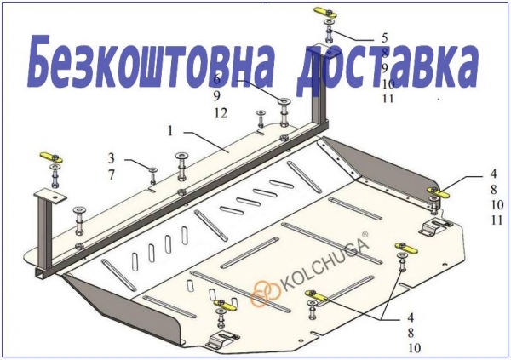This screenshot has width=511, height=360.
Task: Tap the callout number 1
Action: (x=170, y=131)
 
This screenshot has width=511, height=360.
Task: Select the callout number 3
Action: (x=112, y=158)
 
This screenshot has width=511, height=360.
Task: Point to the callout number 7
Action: (x=112, y=175)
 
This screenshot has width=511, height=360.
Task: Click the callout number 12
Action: (x=221, y=113)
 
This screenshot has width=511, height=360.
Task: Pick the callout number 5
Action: (x=385, y=38)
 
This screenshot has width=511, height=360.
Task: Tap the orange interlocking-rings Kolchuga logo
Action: (x=266, y=292)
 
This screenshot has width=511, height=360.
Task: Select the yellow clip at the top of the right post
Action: (x=326, y=13)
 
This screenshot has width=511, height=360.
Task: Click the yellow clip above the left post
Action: (x=51, y=157)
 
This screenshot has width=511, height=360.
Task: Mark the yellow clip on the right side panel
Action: (x=439, y=192)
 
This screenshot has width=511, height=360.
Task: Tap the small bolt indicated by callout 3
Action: (x=152, y=176)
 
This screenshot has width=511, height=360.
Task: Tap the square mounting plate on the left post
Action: (x=50, y=196)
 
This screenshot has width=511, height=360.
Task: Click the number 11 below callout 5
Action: (x=388, y=99)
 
